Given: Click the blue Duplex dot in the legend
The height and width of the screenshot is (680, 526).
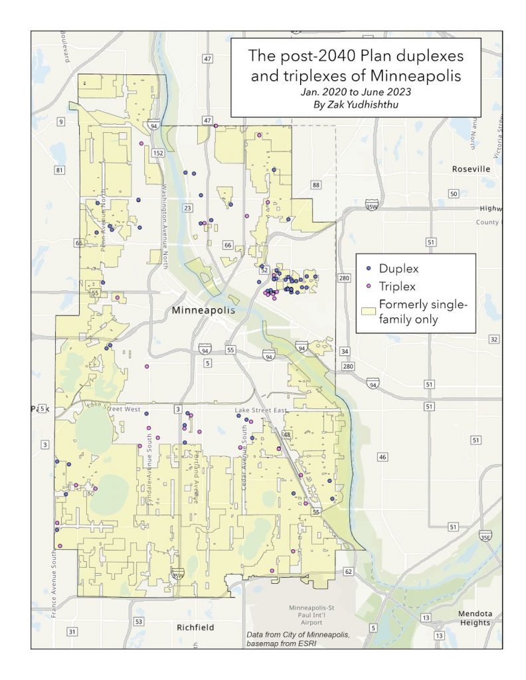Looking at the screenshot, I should [x=369, y=268].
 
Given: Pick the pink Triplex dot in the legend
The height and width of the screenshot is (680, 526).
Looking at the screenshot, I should [x=369, y=287].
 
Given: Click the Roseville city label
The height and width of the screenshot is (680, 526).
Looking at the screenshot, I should [x=471, y=169].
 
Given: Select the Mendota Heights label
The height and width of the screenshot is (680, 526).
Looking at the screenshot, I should [x=474, y=617].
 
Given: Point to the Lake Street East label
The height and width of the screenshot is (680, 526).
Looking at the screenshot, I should [x=260, y=410].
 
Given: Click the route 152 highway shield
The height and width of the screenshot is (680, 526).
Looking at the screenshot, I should [x=157, y=153].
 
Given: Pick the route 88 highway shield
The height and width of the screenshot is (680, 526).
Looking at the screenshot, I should [x=315, y=185].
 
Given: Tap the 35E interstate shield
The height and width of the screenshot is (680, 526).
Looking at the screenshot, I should [x=485, y=535].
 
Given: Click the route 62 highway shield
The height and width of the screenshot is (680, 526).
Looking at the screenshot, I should [x=347, y=571].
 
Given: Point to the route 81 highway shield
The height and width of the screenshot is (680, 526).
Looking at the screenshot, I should [x=59, y=171].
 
